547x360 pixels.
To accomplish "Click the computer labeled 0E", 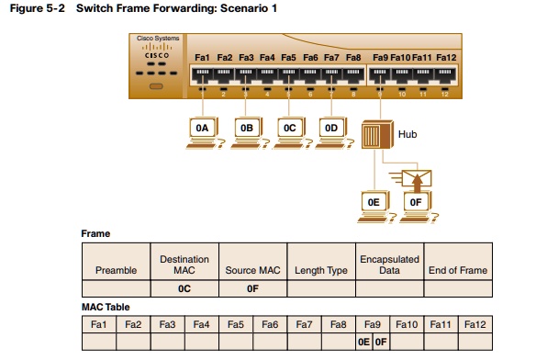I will click(x=373, y=204).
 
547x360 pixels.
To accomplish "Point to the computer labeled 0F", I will click(x=414, y=204).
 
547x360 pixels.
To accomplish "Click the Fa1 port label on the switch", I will click(x=203, y=58).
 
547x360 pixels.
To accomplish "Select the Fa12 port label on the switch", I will click(x=446, y=58).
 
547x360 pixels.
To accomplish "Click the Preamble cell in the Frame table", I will click(x=116, y=270).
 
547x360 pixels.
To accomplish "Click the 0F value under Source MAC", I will click(x=253, y=289).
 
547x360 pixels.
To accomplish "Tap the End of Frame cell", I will click(x=458, y=270).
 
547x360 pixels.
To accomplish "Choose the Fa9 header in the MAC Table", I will click(x=373, y=323).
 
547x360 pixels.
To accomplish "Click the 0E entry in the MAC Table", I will click(x=364, y=342).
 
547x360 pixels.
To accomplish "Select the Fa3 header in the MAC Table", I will click(x=168, y=323).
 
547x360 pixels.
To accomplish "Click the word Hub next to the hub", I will click(x=407, y=135).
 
